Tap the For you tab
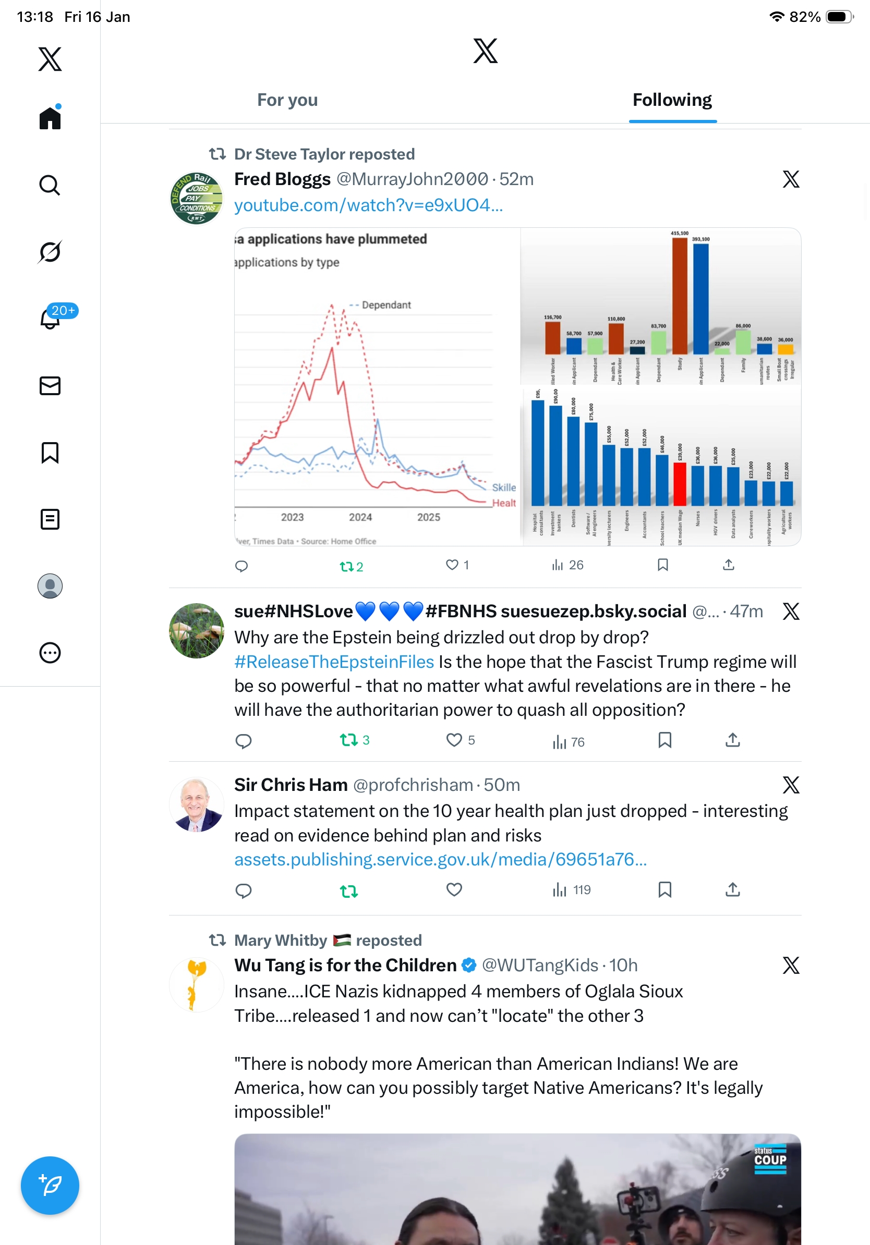287,100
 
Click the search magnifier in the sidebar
50,186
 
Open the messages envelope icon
50,385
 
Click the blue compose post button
50,1185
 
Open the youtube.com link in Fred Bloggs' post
368,205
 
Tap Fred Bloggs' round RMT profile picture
196,199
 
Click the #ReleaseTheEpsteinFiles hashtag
334,662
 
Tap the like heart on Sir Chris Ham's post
454,890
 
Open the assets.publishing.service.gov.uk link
440,860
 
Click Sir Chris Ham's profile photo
196,804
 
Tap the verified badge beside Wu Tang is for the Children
469,965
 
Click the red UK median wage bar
680,484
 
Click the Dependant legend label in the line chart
385,306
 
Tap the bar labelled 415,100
680,296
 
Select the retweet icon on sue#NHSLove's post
348,740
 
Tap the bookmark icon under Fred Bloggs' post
662,565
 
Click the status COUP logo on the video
770,1159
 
